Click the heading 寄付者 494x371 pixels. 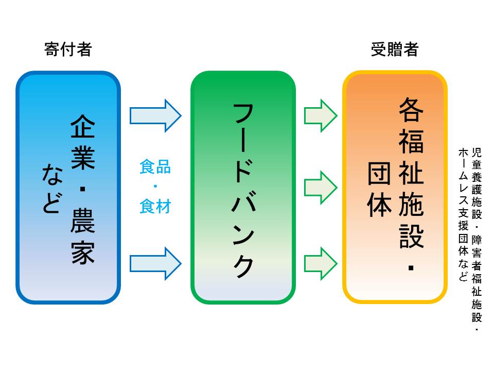[68, 50]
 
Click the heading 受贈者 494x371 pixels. [395, 50]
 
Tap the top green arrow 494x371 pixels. [321, 115]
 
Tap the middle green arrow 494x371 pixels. [321, 187]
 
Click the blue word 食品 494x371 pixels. [155, 167]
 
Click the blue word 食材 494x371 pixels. [155, 207]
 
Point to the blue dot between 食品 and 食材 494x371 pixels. [155, 187]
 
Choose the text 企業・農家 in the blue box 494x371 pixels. [83, 190]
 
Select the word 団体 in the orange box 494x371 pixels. [380, 190]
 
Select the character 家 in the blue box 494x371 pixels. [83, 252]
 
